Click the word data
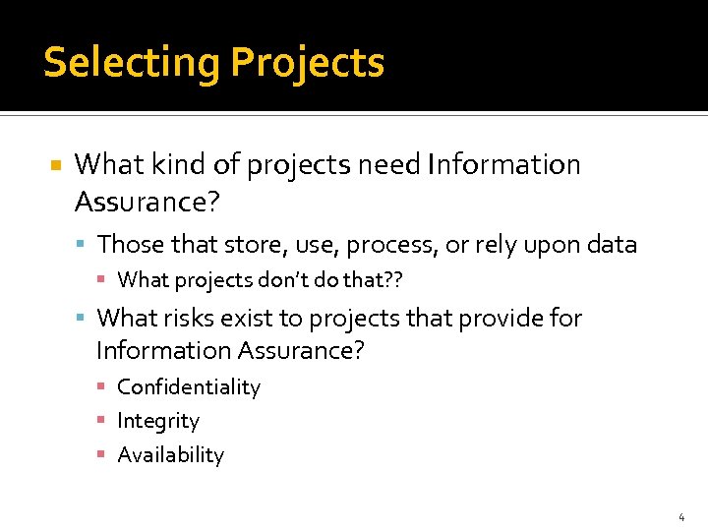click(x=614, y=244)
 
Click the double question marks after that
click(x=393, y=280)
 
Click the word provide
click(x=495, y=318)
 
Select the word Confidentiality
click(x=189, y=387)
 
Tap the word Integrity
click(x=158, y=421)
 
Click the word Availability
click(x=171, y=455)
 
